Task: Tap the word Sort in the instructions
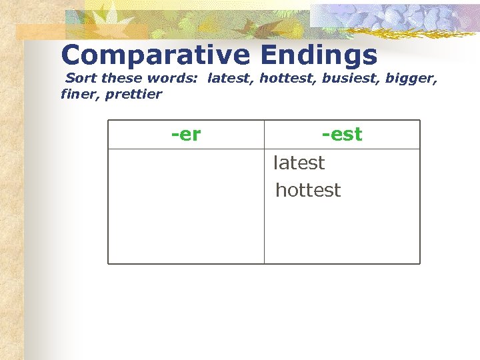[x=79, y=79]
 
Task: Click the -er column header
[x=186, y=135]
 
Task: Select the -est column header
[x=341, y=135]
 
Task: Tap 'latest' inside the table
[x=299, y=163]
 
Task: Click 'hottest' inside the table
[x=307, y=190]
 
